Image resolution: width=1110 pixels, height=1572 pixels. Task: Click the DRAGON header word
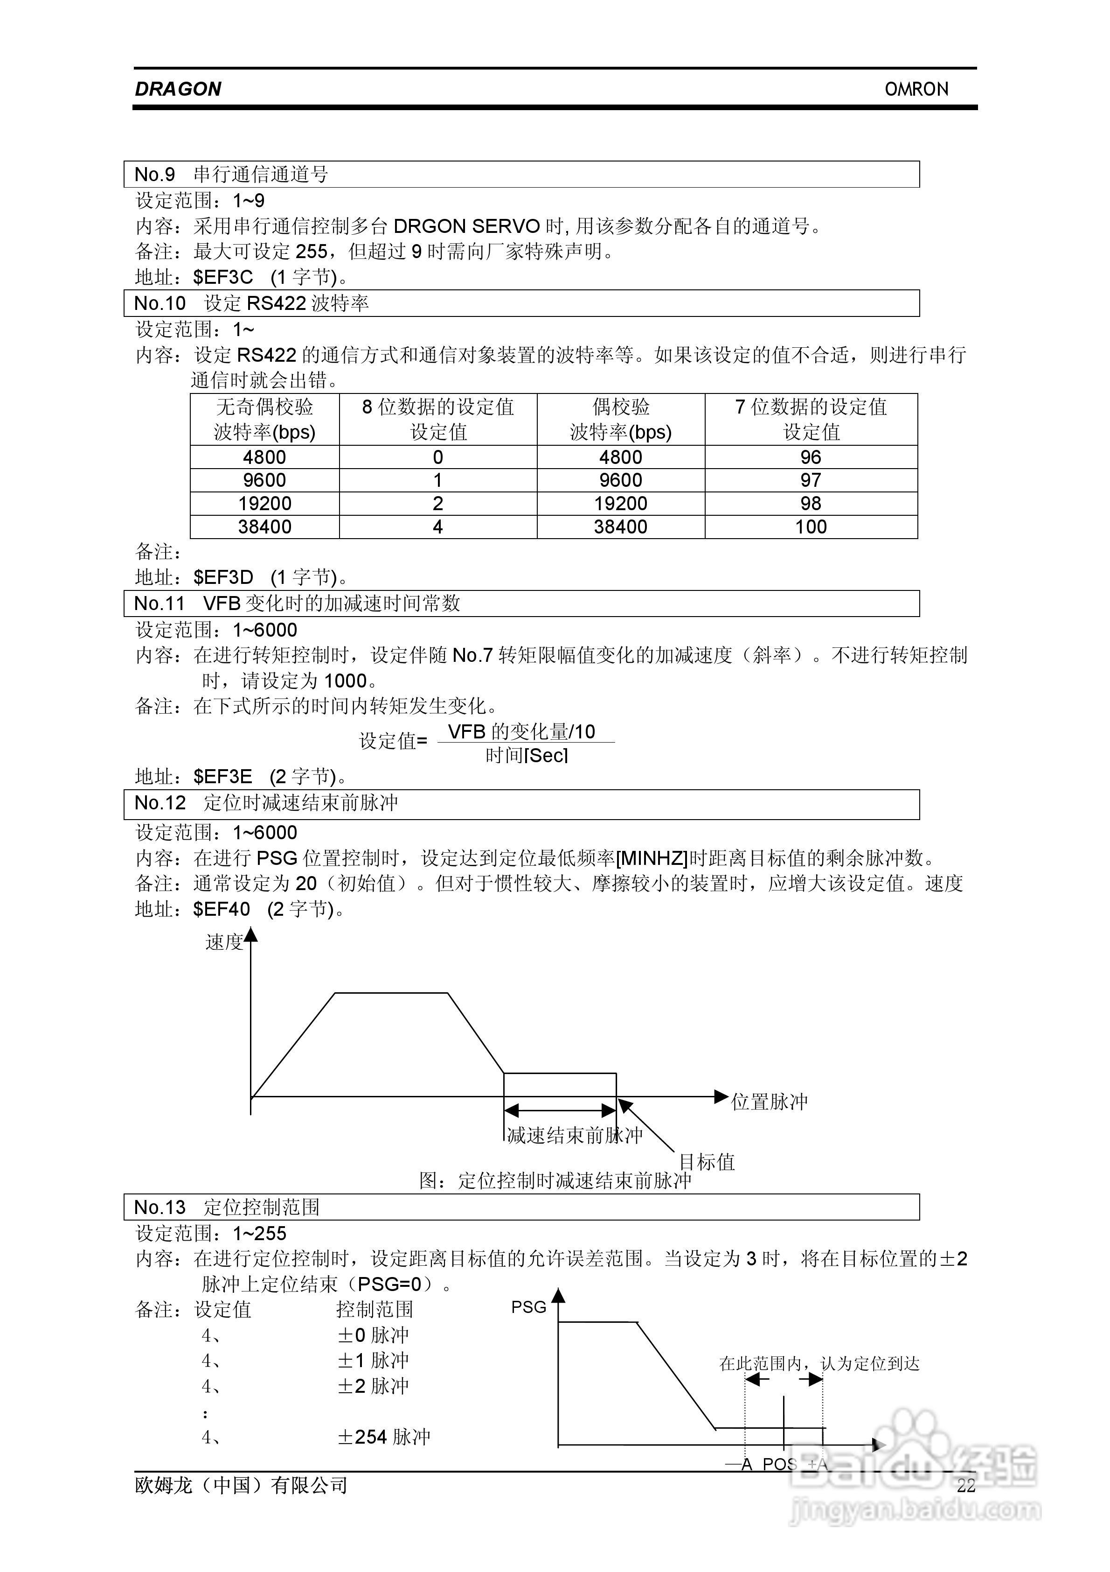[178, 89]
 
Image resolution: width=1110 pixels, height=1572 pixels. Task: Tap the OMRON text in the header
[916, 89]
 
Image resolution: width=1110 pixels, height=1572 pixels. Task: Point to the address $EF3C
[223, 277]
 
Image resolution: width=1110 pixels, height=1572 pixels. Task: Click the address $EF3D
[223, 577]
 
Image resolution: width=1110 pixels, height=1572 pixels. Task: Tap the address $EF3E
[222, 776]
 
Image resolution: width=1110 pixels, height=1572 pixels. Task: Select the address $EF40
[222, 909]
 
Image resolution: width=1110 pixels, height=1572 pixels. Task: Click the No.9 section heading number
[155, 175]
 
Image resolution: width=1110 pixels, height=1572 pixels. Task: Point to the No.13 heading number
[160, 1207]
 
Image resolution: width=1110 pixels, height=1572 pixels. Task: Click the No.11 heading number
[160, 603]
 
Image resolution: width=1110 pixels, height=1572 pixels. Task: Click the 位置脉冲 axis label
[769, 1102]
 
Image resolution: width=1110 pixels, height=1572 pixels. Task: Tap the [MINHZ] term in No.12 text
[652, 858]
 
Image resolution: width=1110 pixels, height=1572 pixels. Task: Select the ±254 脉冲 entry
[384, 1437]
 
